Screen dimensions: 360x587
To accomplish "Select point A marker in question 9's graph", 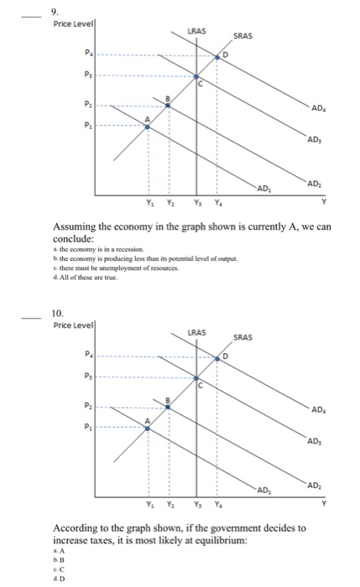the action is click(149, 126).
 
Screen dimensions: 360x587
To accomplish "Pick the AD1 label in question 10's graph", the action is click(263, 489).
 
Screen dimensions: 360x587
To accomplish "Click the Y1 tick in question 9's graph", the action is click(150, 202).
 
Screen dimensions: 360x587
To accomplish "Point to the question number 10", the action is click(58, 314).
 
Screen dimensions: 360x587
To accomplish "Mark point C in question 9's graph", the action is click(197, 81).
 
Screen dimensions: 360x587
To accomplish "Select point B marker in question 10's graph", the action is click(168, 405).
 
